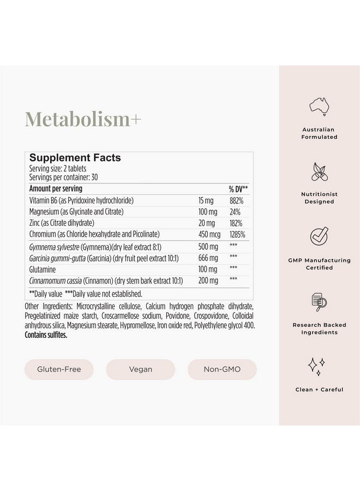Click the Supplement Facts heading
[75, 158]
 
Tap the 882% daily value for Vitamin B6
[236, 200]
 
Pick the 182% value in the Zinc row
[236, 223]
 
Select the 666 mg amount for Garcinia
[208, 258]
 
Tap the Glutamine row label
[44, 269]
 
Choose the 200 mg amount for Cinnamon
[208, 280]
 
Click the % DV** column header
[238, 188]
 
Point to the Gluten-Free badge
[58, 369]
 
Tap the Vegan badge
[140, 369]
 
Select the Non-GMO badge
[222, 369]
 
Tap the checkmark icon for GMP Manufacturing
[319, 236]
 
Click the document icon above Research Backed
[319, 301]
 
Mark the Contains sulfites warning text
[46, 335]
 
